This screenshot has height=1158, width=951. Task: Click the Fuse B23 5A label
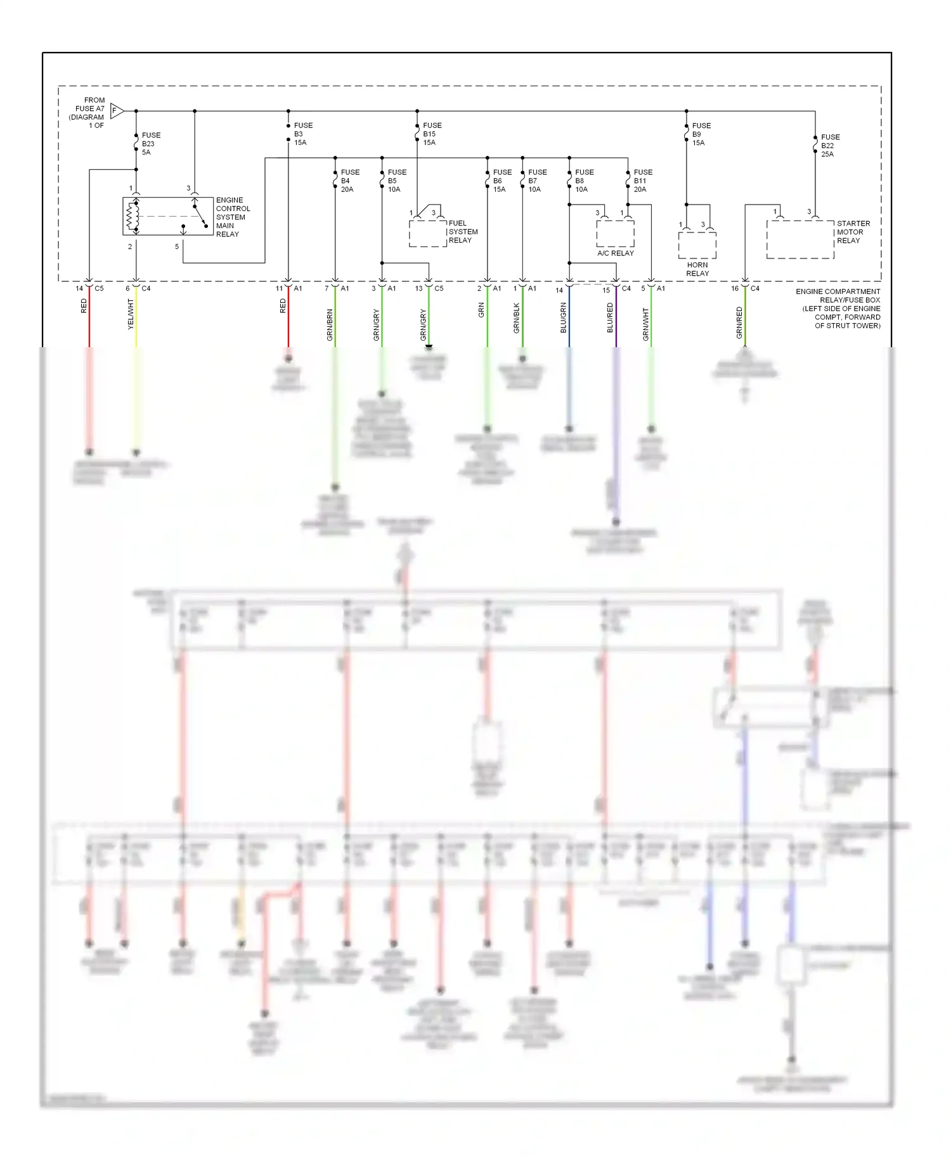[x=150, y=144]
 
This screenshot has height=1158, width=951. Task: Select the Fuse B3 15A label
[x=302, y=134]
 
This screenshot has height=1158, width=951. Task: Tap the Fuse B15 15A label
[x=432, y=134]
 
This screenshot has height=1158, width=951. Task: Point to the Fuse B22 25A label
[x=829, y=146]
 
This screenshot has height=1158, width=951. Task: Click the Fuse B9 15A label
[x=701, y=134]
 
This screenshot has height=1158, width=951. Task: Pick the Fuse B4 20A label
[x=349, y=181]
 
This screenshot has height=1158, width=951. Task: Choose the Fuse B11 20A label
[x=642, y=181]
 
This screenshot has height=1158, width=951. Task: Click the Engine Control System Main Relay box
[x=168, y=217]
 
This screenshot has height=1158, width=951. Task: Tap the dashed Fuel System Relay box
[x=428, y=233]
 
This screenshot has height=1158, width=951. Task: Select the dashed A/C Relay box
[x=615, y=233]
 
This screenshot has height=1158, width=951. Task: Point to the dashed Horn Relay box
[x=697, y=245]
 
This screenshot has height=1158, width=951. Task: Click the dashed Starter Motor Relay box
[x=800, y=239]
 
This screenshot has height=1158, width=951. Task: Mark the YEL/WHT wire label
[x=131, y=315]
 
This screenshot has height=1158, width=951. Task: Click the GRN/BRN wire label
[x=330, y=325]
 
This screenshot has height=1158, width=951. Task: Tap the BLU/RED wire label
[x=610, y=317]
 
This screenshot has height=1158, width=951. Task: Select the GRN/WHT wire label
[x=646, y=324]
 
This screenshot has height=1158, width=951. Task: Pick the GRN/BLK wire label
[x=517, y=318]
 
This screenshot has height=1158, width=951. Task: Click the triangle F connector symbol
[x=116, y=111]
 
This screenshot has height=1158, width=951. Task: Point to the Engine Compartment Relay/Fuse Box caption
[x=838, y=309]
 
